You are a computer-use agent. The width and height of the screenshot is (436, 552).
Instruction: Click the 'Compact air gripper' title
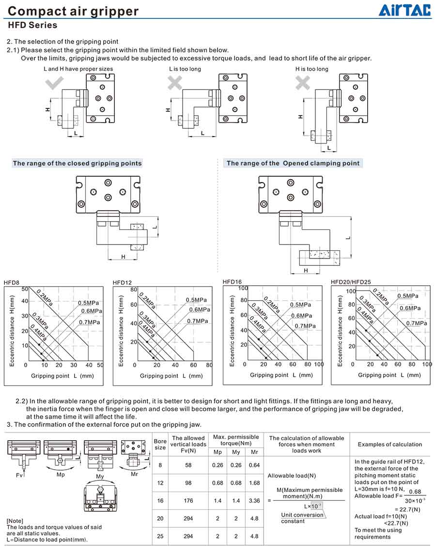(x=73, y=11)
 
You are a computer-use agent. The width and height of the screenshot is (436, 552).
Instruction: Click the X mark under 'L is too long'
(x=175, y=83)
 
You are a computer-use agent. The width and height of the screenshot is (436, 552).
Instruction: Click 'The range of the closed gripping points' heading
(x=77, y=163)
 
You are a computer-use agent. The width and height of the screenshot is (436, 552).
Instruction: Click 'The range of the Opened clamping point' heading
(x=293, y=163)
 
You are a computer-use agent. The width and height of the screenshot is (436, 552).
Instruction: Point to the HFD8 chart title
(x=12, y=283)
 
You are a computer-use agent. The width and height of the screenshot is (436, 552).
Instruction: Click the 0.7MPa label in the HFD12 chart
(x=198, y=321)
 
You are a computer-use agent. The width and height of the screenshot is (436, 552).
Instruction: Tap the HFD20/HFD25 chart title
(x=351, y=282)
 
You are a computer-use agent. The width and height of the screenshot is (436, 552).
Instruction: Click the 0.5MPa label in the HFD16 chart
(x=300, y=305)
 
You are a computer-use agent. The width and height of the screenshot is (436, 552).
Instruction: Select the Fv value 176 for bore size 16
(x=188, y=501)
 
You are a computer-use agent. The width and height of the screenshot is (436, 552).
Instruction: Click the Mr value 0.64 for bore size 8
(x=254, y=465)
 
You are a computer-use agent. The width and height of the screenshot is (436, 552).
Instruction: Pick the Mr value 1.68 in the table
(x=254, y=483)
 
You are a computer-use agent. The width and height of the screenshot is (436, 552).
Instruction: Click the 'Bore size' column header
(x=160, y=445)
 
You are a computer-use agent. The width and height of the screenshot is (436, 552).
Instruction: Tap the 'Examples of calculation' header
(x=390, y=445)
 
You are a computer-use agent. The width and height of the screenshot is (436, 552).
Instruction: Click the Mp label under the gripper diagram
(x=61, y=475)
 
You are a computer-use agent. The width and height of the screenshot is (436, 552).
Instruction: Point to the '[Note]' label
(x=15, y=521)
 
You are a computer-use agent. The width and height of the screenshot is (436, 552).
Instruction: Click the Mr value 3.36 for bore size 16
(x=254, y=501)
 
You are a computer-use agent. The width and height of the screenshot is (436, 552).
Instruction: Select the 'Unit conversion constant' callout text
(x=302, y=518)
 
